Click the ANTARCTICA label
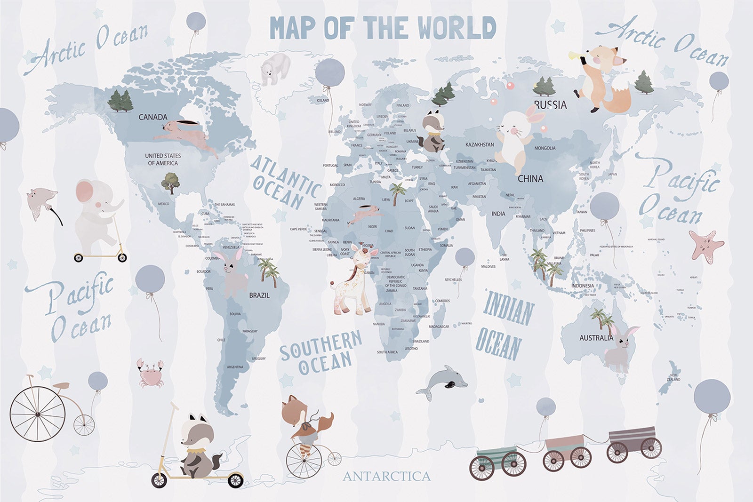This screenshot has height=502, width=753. point(386,477)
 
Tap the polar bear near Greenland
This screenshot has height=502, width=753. point(275,68)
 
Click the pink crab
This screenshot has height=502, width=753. point(150,372)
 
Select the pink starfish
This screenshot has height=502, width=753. point(705,244)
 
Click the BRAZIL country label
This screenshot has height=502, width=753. point(259,295)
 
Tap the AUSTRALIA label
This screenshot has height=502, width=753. point(596,338)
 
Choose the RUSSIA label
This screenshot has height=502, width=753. point(550,105)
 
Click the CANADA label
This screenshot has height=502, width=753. point(153,117)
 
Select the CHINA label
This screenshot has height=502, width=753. point(530,179)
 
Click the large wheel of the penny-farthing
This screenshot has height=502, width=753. point(38,414)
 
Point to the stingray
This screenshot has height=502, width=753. point(42,199)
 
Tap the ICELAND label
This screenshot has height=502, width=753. point(323,100)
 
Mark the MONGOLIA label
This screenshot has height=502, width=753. point(545,148)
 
